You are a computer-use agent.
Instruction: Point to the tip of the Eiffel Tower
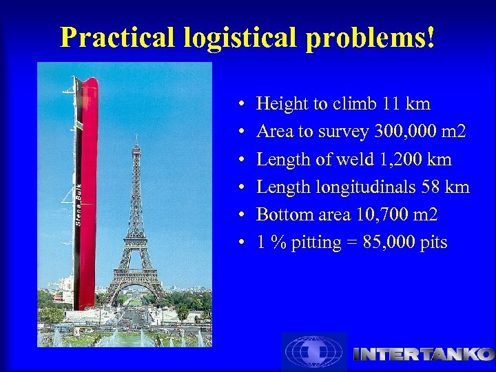[136, 138]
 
